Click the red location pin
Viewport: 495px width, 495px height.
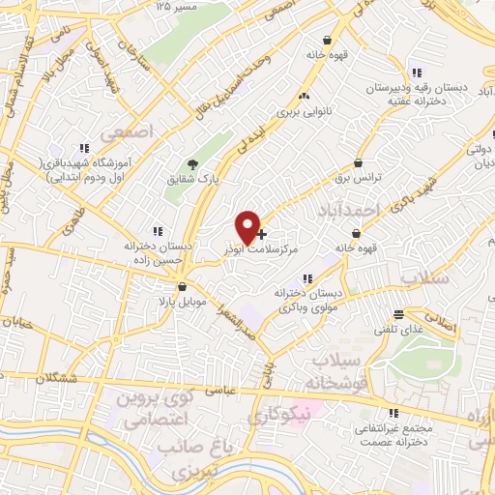point(248,226)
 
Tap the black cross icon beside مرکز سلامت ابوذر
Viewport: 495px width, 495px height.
point(262,234)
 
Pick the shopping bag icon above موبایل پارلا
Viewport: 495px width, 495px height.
point(182,286)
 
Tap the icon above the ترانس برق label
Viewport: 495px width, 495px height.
point(359,164)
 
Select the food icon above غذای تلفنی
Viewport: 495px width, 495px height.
point(397,313)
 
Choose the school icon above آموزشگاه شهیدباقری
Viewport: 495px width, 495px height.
point(84,148)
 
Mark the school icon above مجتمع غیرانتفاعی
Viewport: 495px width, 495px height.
point(392,412)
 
